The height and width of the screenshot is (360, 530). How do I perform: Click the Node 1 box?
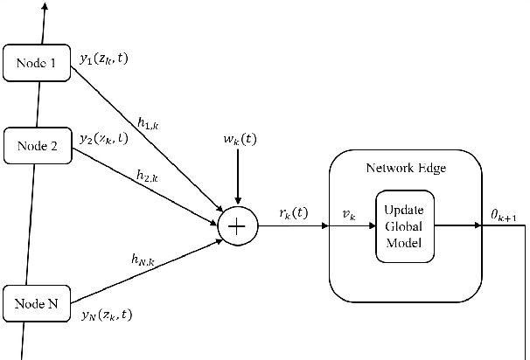click(x=38, y=64)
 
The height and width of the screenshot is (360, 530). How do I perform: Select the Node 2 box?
click(x=38, y=146)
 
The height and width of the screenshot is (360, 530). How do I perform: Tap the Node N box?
click(x=38, y=304)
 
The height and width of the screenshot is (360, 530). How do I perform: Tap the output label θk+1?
click(x=506, y=213)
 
